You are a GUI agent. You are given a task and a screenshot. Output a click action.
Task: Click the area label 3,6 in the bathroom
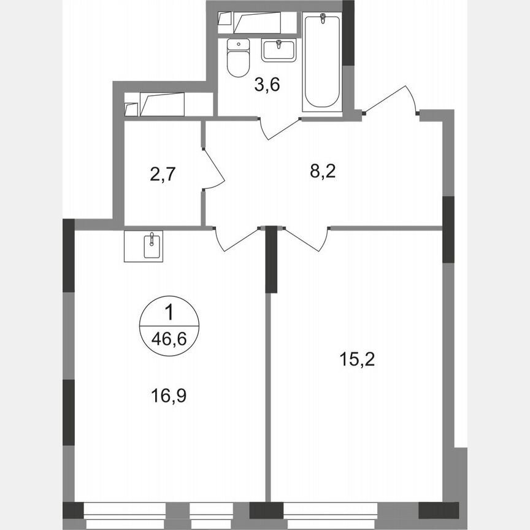tap(267, 85)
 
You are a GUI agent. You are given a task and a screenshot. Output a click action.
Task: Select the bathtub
tap(322, 61)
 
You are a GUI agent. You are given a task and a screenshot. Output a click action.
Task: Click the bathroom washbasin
tap(279, 48)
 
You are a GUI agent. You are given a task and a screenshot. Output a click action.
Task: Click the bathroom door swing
tap(279, 127)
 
